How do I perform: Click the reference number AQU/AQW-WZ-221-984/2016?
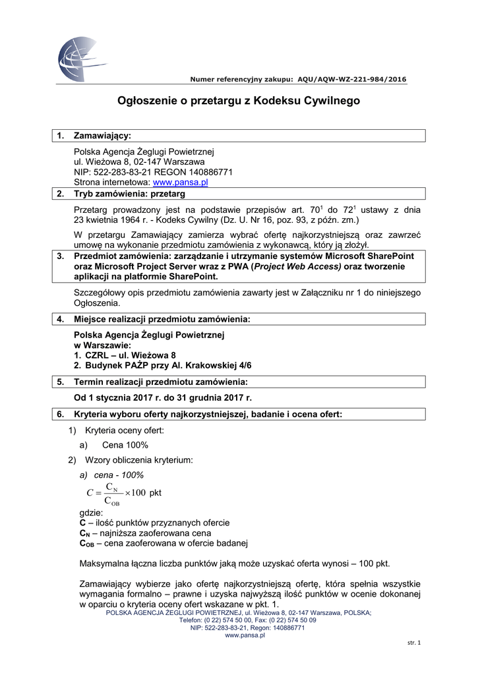click(x=352, y=79)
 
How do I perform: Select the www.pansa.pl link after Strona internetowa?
click(x=180, y=182)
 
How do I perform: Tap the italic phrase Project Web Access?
click(x=295, y=266)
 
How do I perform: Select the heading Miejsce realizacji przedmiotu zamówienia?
click(x=162, y=319)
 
